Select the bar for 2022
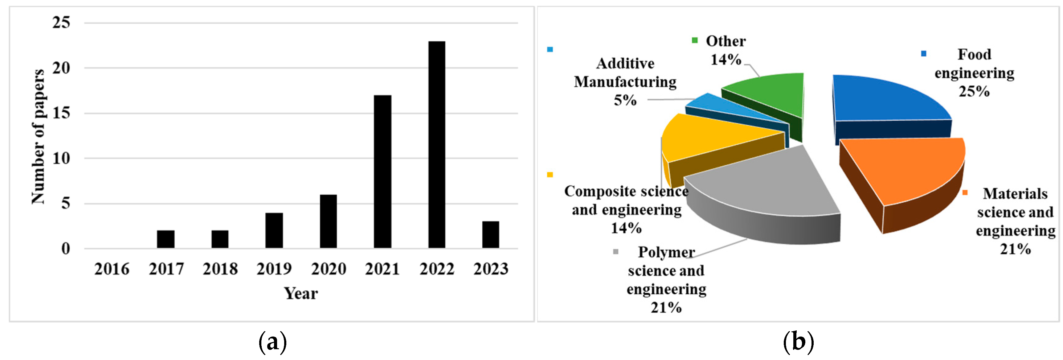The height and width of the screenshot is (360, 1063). (x=437, y=144)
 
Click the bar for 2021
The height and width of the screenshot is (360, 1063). (x=382, y=171)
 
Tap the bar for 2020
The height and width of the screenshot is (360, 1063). (x=329, y=221)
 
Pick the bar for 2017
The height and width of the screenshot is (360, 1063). (x=166, y=239)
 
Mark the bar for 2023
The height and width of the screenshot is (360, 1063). (x=491, y=234)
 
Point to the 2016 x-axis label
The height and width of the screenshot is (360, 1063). (x=112, y=269)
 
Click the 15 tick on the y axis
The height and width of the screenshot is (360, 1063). (x=61, y=113)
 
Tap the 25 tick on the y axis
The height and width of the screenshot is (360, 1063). (x=61, y=23)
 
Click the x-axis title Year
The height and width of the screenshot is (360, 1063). (x=301, y=294)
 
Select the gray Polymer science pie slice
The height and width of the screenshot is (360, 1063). (x=767, y=186)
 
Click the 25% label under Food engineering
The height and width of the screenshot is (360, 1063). (x=974, y=92)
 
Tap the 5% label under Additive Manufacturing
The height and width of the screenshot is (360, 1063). (x=625, y=100)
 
